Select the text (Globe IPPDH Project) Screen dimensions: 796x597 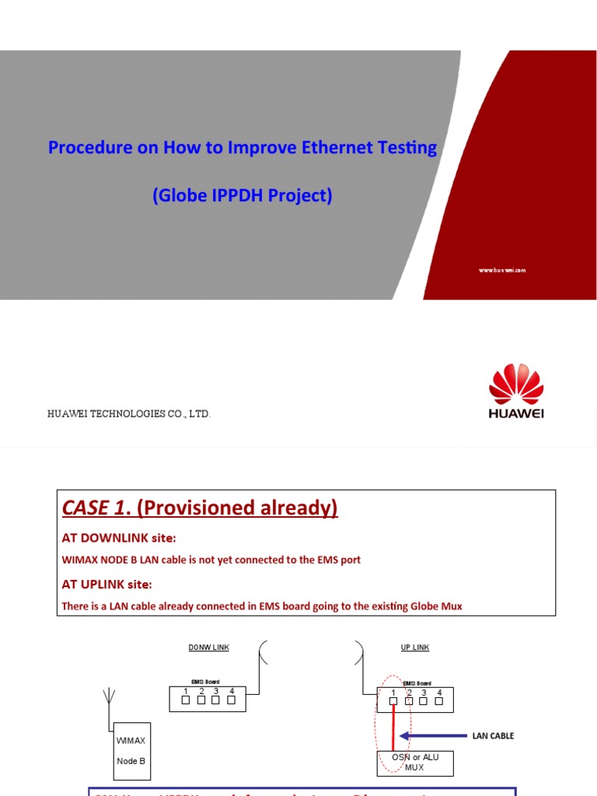(x=243, y=195)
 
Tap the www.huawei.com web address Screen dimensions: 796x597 (x=502, y=270)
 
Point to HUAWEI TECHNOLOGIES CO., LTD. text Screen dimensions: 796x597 (x=129, y=414)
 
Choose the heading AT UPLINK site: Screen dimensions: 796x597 (x=106, y=584)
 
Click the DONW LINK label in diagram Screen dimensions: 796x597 (x=208, y=648)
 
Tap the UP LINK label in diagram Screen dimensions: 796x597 (x=415, y=648)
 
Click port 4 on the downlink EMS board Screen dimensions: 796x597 (x=232, y=700)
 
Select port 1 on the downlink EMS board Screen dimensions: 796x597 (x=185, y=700)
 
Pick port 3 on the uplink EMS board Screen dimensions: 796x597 (x=424, y=700)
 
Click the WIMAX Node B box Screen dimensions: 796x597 (x=131, y=751)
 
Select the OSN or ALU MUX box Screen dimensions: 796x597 (x=414, y=762)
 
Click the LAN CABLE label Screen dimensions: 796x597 (x=493, y=735)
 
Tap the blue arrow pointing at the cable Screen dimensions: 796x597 (x=435, y=735)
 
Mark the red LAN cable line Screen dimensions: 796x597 (x=394, y=727)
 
